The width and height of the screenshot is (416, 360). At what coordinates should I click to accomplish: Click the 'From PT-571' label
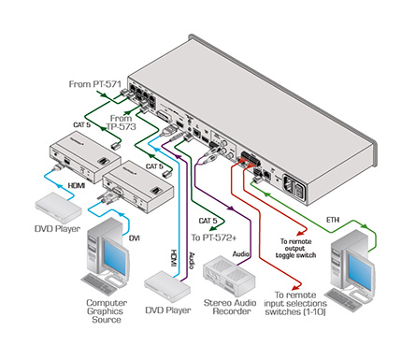(x=94, y=84)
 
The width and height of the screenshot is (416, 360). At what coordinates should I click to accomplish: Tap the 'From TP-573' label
(x=121, y=122)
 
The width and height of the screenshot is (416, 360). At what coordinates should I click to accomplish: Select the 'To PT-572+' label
(x=214, y=238)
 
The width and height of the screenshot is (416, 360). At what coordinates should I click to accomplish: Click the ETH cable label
(x=333, y=220)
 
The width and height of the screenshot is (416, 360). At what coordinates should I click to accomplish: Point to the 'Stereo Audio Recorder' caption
(x=230, y=307)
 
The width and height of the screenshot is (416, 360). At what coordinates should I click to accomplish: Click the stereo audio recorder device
(x=229, y=276)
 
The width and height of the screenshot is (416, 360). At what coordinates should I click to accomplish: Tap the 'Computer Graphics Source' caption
(x=107, y=311)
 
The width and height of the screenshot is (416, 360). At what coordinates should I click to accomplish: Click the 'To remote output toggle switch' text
(x=295, y=248)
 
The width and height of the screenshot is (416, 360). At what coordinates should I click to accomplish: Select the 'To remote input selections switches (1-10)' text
(x=295, y=303)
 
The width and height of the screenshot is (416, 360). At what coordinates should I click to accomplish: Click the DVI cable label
(x=135, y=238)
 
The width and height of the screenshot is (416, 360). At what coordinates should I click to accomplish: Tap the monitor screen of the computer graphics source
(x=115, y=257)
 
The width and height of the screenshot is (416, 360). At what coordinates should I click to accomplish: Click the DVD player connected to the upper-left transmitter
(x=58, y=208)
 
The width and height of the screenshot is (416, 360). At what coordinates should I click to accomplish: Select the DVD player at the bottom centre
(x=167, y=286)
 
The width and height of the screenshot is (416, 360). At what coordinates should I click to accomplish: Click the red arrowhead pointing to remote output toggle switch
(x=300, y=233)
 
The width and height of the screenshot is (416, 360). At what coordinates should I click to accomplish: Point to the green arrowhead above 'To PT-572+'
(x=221, y=228)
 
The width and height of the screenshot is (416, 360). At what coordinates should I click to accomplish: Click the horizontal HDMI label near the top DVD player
(x=77, y=186)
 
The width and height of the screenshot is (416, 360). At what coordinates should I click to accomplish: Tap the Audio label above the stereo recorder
(x=241, y=254)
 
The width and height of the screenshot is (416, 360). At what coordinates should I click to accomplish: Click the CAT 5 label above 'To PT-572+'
(x=208, y=221)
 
